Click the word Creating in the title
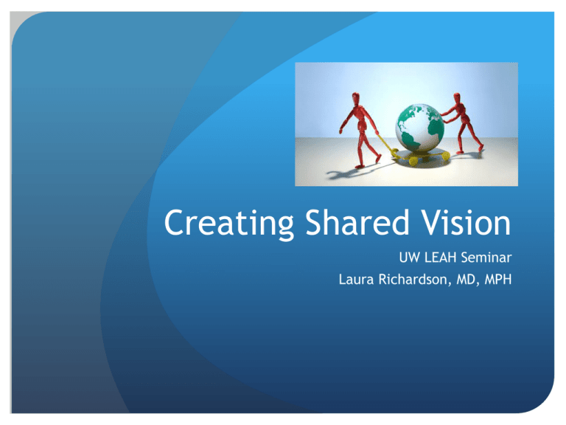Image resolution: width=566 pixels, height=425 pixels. click(x=229, y=224)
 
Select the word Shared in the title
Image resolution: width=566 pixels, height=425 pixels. click(x=357, y=222)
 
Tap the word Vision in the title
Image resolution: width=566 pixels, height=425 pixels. click(x=467, y=222)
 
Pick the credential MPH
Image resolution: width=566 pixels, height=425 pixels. click(x=498, y=280)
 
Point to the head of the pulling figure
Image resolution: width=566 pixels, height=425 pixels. click(x=356, y=98)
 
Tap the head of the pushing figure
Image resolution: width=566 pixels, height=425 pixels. click(x=457, y=98)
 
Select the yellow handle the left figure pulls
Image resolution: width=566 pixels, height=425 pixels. click(x=387, y=143)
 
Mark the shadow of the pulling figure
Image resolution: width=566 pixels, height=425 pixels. click(x=357, y=172)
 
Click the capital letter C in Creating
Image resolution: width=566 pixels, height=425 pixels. click(x=175, y=223)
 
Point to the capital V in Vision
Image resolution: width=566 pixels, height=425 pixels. click(x=433, y=223)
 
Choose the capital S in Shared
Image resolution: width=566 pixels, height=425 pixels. click(x=315, y=223)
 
